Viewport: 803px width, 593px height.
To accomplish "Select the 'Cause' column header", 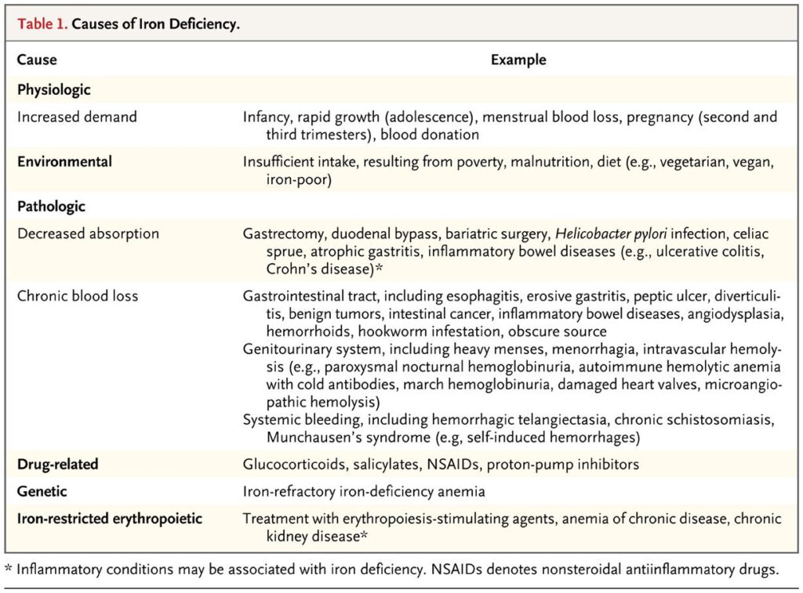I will [37, 60].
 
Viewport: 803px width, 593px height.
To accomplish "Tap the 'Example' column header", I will [518, 60].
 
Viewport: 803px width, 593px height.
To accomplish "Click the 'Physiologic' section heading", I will [54, 89].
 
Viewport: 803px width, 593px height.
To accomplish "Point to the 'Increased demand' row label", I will [77, 117].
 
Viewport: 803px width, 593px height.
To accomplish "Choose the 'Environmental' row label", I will [64, 161].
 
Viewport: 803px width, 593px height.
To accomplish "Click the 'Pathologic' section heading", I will [51, 207].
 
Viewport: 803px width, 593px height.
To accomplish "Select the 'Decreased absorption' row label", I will [88, 233].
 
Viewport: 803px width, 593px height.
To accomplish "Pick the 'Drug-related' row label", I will [57, 465].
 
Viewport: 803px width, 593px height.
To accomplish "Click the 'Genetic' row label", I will [42, 491].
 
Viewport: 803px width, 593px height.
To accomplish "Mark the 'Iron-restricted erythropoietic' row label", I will [110, 518].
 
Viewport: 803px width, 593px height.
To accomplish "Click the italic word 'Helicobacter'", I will [590, 233].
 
